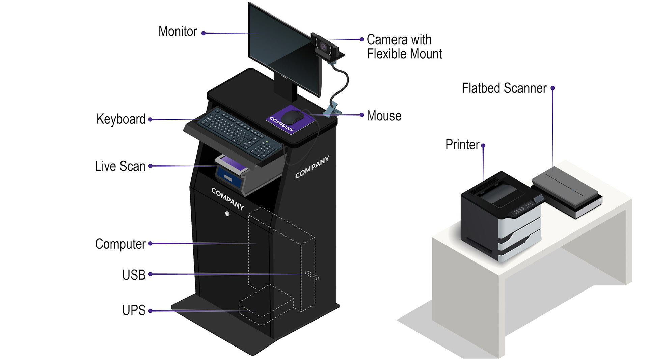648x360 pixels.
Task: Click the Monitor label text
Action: (178, 31)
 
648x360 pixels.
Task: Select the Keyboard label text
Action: (120, 119)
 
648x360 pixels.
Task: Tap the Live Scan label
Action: (120, 166)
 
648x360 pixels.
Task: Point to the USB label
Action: (134, 275)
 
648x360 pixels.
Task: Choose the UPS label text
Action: (134, 310)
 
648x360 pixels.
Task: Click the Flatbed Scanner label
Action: (504, 88)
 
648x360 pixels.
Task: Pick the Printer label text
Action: (462, 145)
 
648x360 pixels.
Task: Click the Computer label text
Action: (120, 244)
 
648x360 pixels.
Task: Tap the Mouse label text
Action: (384, 116)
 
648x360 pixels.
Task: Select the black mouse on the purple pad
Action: (293, 117)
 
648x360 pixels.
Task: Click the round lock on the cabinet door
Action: (227, 214)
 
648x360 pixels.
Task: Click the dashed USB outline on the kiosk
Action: (312, 275)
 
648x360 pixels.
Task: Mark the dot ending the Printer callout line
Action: (483, 146)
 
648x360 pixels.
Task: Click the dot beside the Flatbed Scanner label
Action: (552, 88)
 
